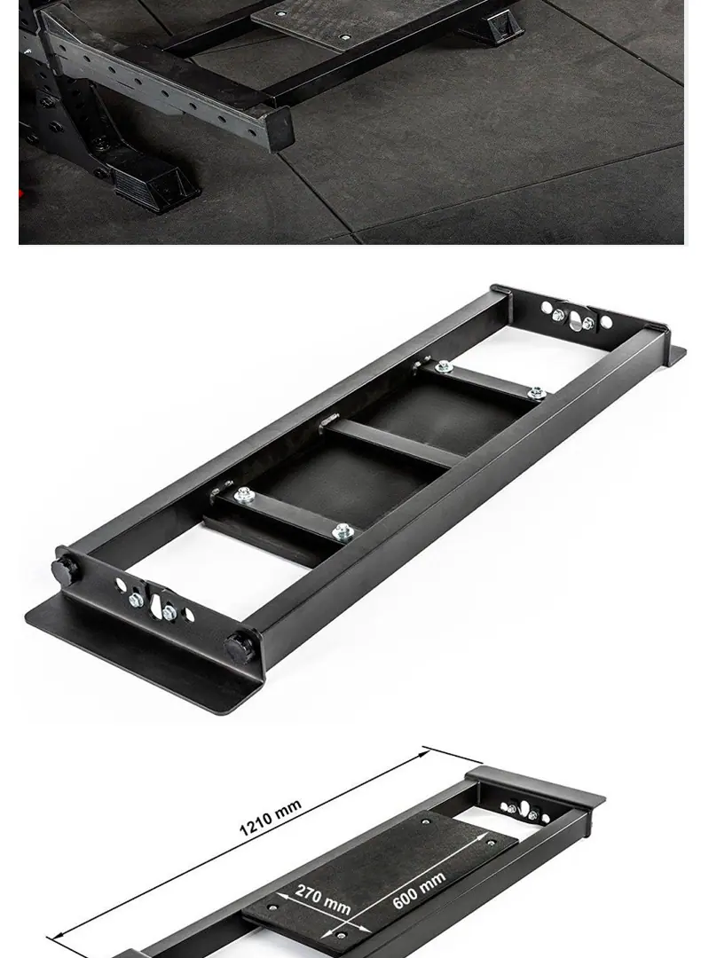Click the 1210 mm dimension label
pos(270,817)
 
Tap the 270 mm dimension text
pos(323,899)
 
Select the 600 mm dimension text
pos(419,890)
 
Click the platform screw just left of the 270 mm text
pos(272,907)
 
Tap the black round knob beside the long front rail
pos(239,648)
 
